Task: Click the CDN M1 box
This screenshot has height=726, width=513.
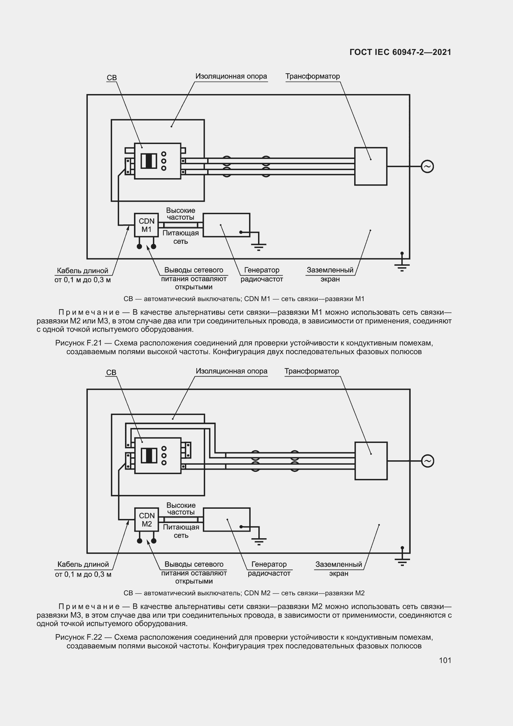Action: [146, 225]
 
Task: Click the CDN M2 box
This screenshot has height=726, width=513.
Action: [147, 519]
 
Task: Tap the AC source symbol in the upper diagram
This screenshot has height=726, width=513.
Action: [427, 166]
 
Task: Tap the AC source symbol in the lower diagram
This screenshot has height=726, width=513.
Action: [427, 461]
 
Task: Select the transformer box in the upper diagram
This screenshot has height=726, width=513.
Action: [371, 166]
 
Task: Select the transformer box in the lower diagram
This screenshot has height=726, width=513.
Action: [371, 461]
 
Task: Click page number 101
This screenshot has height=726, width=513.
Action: [445, 660]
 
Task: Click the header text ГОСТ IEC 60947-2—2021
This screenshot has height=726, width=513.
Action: [400, 52]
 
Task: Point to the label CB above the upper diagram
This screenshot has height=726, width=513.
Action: [112, 78]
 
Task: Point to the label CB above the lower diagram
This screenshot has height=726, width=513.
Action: [111, 372]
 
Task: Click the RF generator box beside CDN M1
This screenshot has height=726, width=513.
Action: [226, 225]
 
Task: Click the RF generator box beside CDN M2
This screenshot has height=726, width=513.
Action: [226, 519]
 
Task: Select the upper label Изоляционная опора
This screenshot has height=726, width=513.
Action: [231, 76]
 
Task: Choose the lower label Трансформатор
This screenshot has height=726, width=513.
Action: [311, 371]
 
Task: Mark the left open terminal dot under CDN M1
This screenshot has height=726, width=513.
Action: [139, 246]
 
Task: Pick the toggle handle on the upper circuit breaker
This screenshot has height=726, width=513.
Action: [149, 161]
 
